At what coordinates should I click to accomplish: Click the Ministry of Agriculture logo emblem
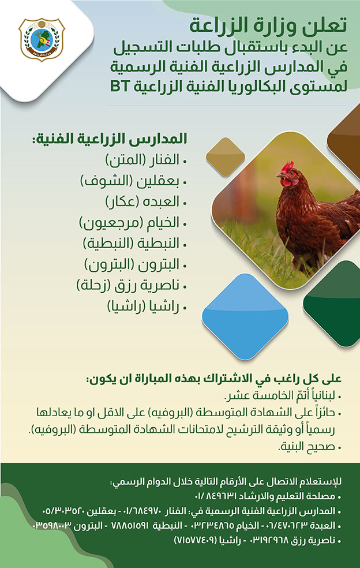coord(42,39)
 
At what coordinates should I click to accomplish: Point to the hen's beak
coord(279,175)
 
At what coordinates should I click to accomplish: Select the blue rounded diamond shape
coord(245,316)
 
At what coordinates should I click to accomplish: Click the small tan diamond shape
coord(225,157)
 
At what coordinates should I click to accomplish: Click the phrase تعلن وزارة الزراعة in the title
coord(268,26)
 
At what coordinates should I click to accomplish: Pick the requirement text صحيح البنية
coord(306,447)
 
